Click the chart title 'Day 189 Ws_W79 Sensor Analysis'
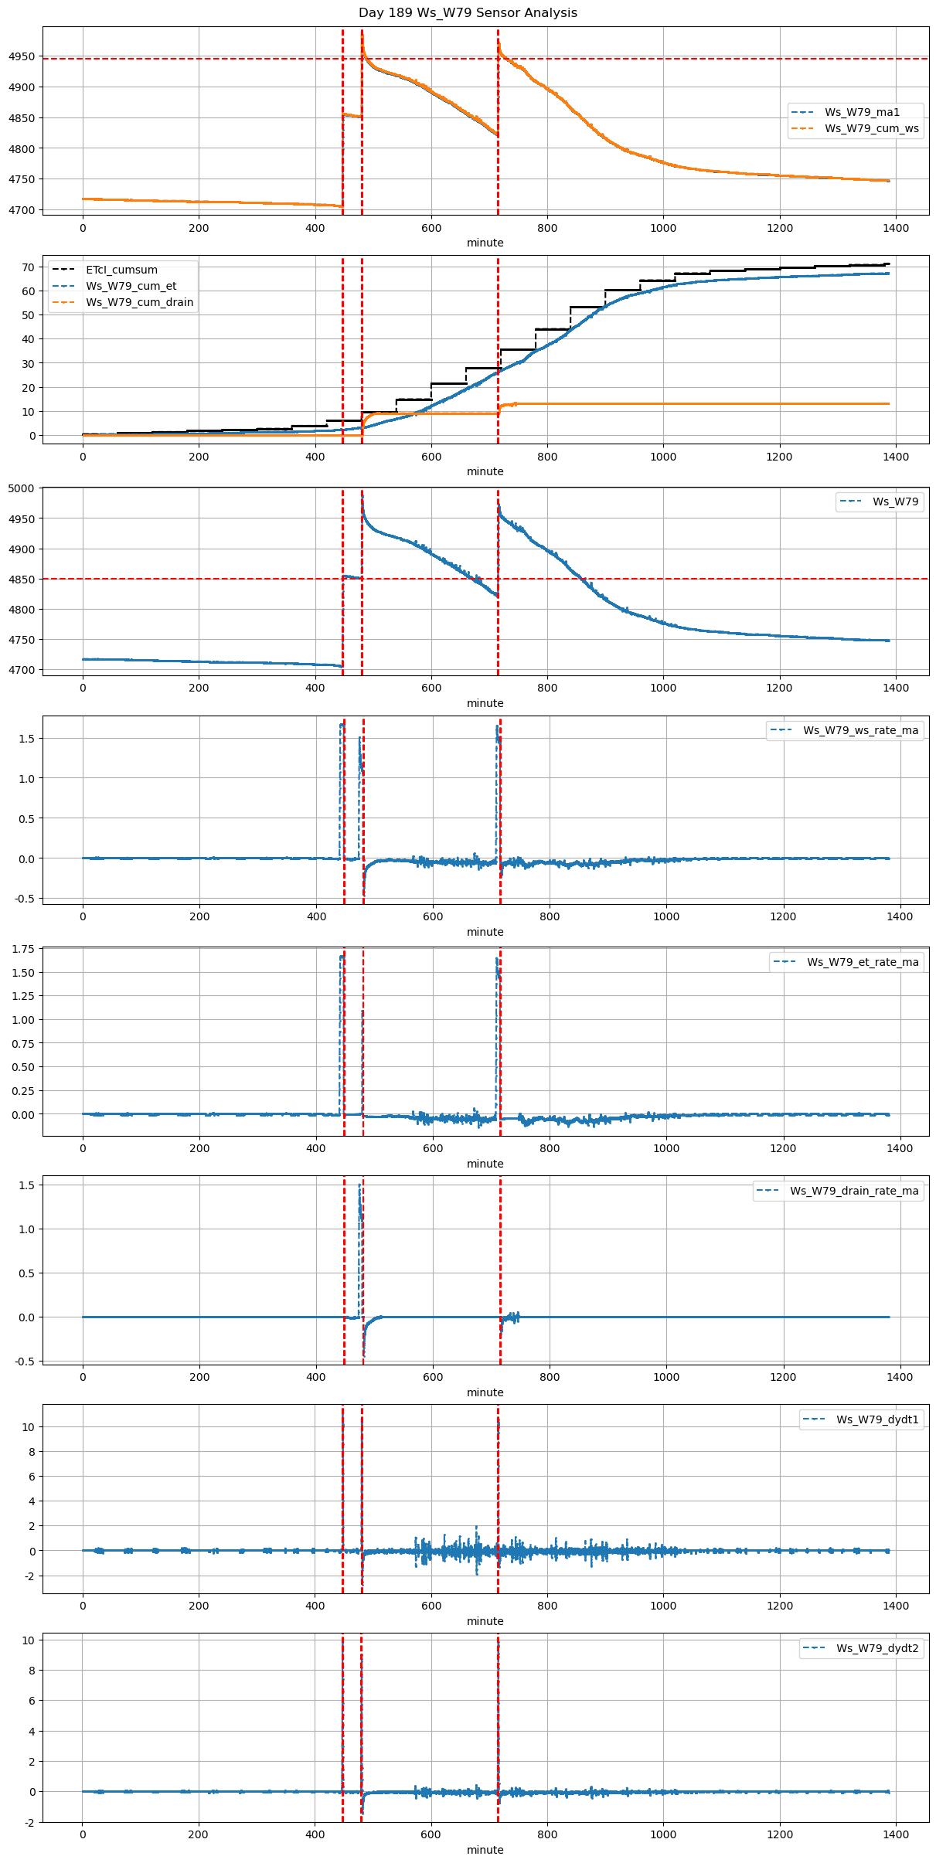point(468,13)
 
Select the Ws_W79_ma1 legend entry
point(862,112)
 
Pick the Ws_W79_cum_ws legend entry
point(871,128)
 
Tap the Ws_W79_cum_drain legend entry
point(139,302)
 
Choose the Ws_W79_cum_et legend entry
point(131,286)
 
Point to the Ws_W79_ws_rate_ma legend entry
point(860,730)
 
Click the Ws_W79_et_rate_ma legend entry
point(863,962)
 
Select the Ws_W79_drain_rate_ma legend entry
point(853,1191)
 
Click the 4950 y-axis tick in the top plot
point(22,56)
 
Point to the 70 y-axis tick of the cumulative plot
point(29,267)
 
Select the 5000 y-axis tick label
point(22,488)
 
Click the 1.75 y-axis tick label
point(24,949)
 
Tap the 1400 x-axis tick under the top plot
point(896,228)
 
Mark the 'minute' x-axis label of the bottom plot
point(485,1850)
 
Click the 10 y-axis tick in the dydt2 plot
point(29,1640)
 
